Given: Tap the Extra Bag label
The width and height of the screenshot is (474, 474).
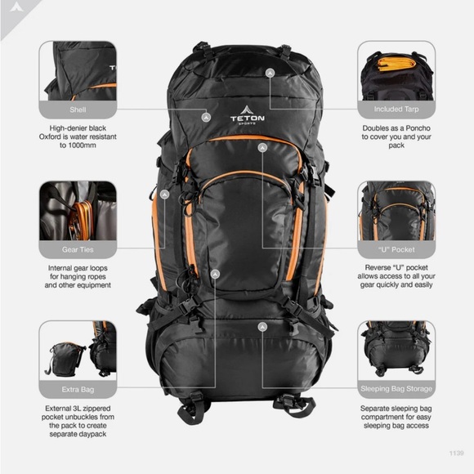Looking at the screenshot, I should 78,388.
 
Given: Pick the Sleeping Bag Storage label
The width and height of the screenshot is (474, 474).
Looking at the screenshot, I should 396,388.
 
